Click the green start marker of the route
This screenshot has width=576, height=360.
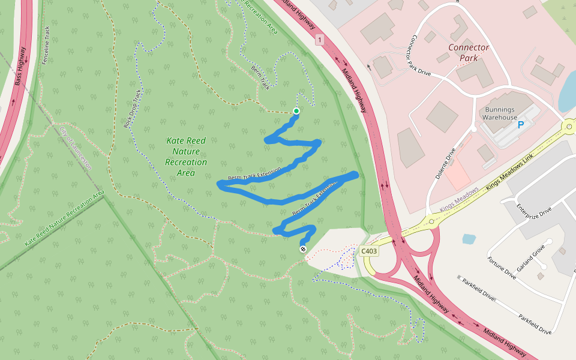click(296, 111)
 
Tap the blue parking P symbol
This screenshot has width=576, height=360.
click(521, 125)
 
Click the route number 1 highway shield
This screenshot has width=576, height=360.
click(319, 40)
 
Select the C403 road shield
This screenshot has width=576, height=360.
click(370, 251)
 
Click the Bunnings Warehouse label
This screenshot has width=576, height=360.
click(500, 113)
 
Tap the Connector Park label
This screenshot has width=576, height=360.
click(469, 53)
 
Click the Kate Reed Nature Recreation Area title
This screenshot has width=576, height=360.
click(186, 157)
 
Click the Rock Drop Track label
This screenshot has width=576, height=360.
click(132, 109)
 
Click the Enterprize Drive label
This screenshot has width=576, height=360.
click(533, 220)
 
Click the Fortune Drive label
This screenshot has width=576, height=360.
click(501, 268)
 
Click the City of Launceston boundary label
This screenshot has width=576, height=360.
click(75, 148)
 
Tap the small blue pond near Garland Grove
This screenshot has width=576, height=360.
click(469, 239)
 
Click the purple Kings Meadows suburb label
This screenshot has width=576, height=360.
click(459, 200)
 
